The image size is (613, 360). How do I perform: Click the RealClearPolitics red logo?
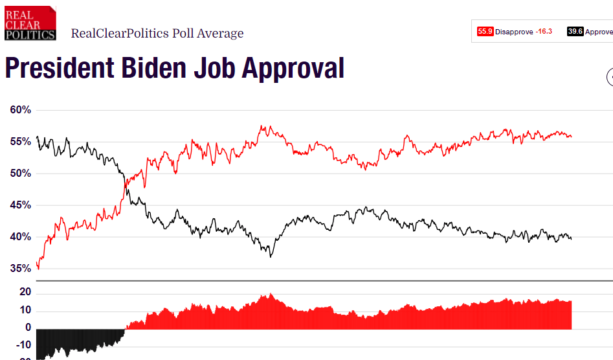point(30,23)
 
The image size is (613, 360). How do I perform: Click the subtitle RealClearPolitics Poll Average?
point(157,34)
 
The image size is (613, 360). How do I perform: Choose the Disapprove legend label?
point(514,31)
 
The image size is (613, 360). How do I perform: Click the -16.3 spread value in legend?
point(544,31)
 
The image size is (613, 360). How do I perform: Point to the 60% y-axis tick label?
point(21,110)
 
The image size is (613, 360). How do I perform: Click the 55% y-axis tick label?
point(21,142)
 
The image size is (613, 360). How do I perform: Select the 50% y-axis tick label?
point(21,174)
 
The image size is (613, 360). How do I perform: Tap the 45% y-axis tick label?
point(21,205)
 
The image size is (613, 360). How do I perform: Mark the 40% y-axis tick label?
point(21,237)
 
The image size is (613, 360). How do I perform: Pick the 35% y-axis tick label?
point(21,269)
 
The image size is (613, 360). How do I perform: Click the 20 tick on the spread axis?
point(25,293)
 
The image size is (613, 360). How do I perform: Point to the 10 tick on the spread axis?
point(25,311)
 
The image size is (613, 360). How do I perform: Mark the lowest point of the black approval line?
point(271,256)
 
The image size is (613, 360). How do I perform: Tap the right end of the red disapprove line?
point(572,137)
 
